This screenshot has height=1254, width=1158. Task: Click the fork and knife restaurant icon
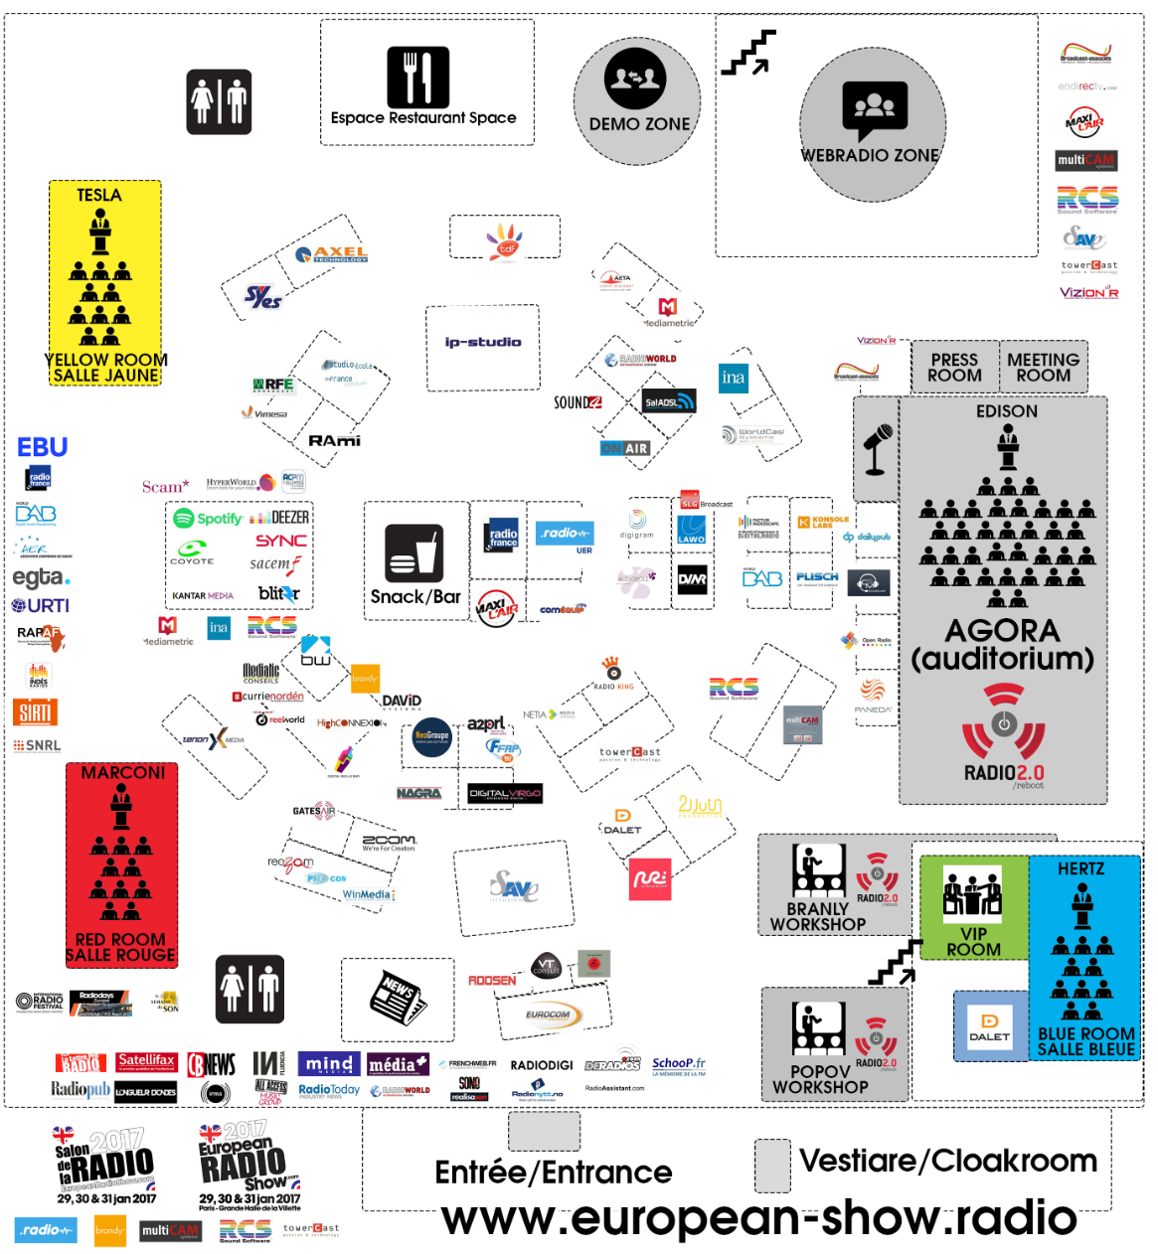coord(417,77)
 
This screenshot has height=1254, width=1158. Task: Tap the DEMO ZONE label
coord(639,124)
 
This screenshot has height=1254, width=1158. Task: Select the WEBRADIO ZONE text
coord(870,155)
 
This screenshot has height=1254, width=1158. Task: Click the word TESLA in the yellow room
coord(99,195)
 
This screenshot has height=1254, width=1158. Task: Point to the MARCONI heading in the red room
coord(123,772)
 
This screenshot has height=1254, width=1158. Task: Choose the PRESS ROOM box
coord(954,368)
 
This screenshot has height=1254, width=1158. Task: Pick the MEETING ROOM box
coord(1043,368)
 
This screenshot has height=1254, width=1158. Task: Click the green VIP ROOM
coord(973,907)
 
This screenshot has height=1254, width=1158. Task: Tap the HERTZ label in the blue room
coord(1080,868)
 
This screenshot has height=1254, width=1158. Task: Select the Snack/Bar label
coord(415,596)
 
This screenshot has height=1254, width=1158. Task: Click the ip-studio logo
coord(483,342)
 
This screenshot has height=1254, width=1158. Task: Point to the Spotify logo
coord(208,518)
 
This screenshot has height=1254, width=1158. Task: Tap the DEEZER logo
coord(279,518)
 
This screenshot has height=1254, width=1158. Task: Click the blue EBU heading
coord(42,447)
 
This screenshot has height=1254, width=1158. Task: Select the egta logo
coord(41,577)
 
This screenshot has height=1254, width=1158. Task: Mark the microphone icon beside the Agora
coord(877,448)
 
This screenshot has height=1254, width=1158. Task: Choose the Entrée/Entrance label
coord(554,1173)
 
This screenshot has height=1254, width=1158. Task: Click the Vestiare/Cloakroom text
coord(948,1161)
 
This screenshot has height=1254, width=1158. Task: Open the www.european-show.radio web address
coord(759,1218)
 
